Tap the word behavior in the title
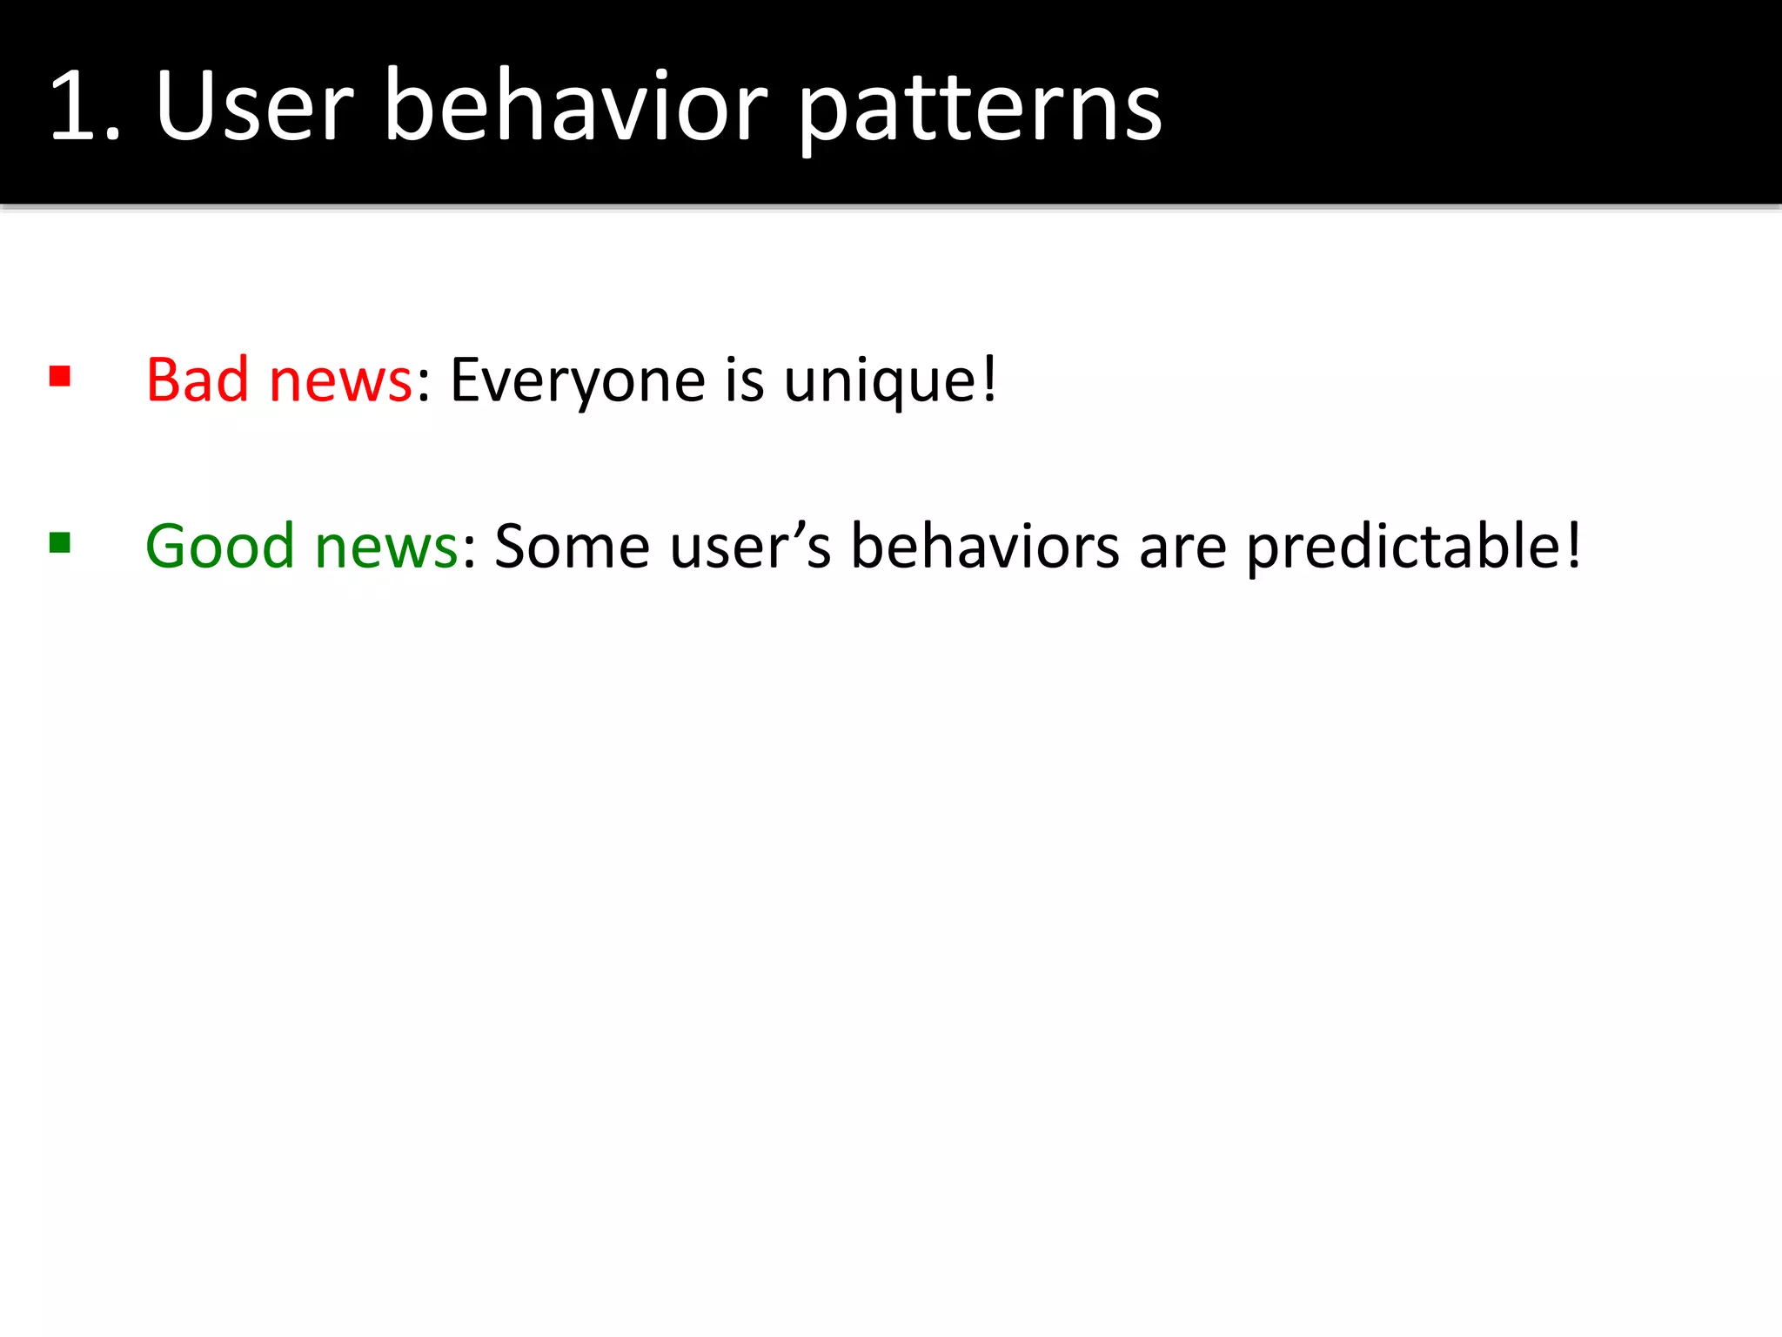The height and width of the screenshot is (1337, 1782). (575, 106)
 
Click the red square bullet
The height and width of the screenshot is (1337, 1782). (60, 376)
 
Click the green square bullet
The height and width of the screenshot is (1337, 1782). (60, 543)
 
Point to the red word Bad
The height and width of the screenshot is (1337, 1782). (198, 380)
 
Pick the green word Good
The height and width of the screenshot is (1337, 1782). (219, 547)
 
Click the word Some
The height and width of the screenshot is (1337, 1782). (572, 547)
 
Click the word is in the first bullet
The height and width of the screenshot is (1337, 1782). (744, 380)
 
